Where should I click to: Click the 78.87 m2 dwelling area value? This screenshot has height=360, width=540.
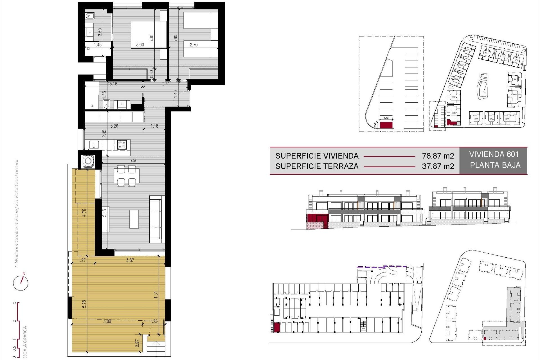(438, 156)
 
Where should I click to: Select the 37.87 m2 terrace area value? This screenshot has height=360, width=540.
(438, 166)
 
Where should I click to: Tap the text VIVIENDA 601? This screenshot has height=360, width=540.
(494, 154)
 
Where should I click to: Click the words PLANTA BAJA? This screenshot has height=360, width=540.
(495, 165)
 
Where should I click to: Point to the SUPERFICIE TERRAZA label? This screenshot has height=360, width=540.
(317, 166)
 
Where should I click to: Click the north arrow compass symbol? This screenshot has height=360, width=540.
(21, 282)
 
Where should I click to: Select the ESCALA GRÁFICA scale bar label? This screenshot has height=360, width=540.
(25, 342)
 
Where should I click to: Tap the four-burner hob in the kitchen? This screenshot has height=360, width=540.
(122, 145)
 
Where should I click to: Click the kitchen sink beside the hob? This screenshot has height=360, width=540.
(94, 145)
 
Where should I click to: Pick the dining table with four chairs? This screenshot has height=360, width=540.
(127, 176)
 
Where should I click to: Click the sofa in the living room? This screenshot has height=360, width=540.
(156, 219)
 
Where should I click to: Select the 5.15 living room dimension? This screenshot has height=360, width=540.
(104, 212)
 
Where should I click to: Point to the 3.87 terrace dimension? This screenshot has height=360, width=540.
(130, 260)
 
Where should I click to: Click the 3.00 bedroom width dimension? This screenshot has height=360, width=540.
(140, 45)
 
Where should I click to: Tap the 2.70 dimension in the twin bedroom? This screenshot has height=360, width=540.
(193, 45)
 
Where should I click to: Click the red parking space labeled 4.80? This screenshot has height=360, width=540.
(386, 125)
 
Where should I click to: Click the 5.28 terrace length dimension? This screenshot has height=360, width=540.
(84, 304)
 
